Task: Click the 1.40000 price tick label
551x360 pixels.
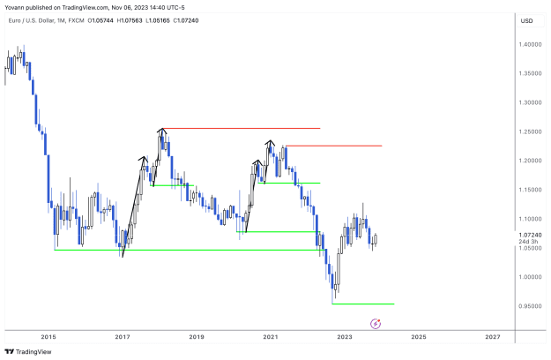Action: [x=530, y=45]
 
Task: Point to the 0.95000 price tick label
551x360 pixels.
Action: [x=530, y=306]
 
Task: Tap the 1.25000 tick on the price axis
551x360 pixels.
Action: [x=530, y=131]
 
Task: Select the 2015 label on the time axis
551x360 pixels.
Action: [x=48, y=337]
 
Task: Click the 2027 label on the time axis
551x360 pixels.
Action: [x=493, y=337]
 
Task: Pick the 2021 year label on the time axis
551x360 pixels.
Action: [x=271, y=337]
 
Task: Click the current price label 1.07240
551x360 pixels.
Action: [x=530, y=235]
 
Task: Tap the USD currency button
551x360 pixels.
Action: [x=526, y=21]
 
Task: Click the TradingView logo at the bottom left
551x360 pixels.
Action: [x=28, y=351]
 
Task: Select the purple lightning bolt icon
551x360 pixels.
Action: [x=376, y=324]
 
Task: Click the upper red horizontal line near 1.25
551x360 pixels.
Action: [x=241, y=128]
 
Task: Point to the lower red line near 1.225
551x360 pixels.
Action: [x=334, y=146]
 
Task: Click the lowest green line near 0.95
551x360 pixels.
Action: [x=363, y=304]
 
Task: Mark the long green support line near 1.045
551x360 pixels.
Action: [x=190, y=250]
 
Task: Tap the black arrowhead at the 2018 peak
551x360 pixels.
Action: [x=162, y=131]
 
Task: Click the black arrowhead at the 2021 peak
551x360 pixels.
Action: [x=270, y=143]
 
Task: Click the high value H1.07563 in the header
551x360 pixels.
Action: [x=130, y=21]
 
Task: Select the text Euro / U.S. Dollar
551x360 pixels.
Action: [x=31, y=21]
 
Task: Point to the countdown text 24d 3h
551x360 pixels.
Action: [x=528, y=242]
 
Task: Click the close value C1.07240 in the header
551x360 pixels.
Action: [x=186, y=21]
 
